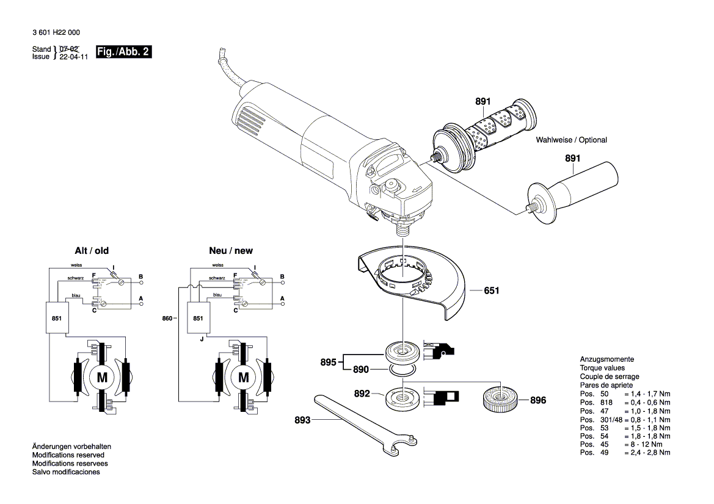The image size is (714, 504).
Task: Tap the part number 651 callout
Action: pyautogui.click(x=492, y=290)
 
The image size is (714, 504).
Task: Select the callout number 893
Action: pyautogui.click(x=303, y=420)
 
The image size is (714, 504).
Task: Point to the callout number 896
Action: pyautogui.click(x=538, y=401)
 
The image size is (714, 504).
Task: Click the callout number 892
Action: pyautogui.click(x=362, y=394)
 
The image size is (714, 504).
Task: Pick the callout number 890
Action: pyautogui.click(x=361, y=370)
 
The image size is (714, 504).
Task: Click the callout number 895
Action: pyautogui.click(x=329, y=362)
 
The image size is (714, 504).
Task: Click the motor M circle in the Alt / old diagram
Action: pyautogui.click(x=102, y=377)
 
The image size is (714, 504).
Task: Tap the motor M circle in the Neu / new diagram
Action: pyautogui.click(x=244, y=377)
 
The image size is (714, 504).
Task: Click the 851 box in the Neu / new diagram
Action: pyautogui.click(x=198, y=318)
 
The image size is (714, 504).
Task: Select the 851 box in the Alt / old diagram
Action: pyautogui.click(x=57, y=318)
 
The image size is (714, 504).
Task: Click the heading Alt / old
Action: pyautogui.click(x=92, y=251)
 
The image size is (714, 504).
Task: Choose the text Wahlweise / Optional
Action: pyautogui.click(x=571, y=140)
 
